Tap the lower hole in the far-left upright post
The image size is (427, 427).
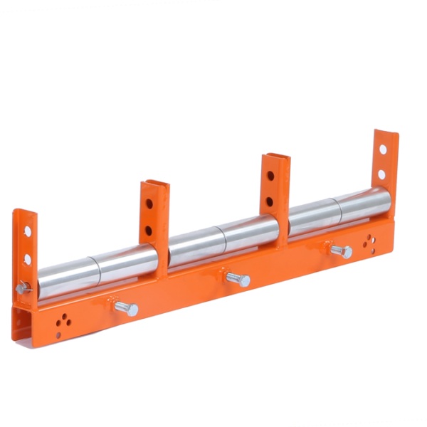click(27, 259)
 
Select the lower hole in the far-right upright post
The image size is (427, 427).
click(382, 174)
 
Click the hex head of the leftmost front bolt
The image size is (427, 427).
click(132, 310)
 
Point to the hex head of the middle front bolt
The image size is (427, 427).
click(244, 281)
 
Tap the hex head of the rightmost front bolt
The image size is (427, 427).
click(347, 253)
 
